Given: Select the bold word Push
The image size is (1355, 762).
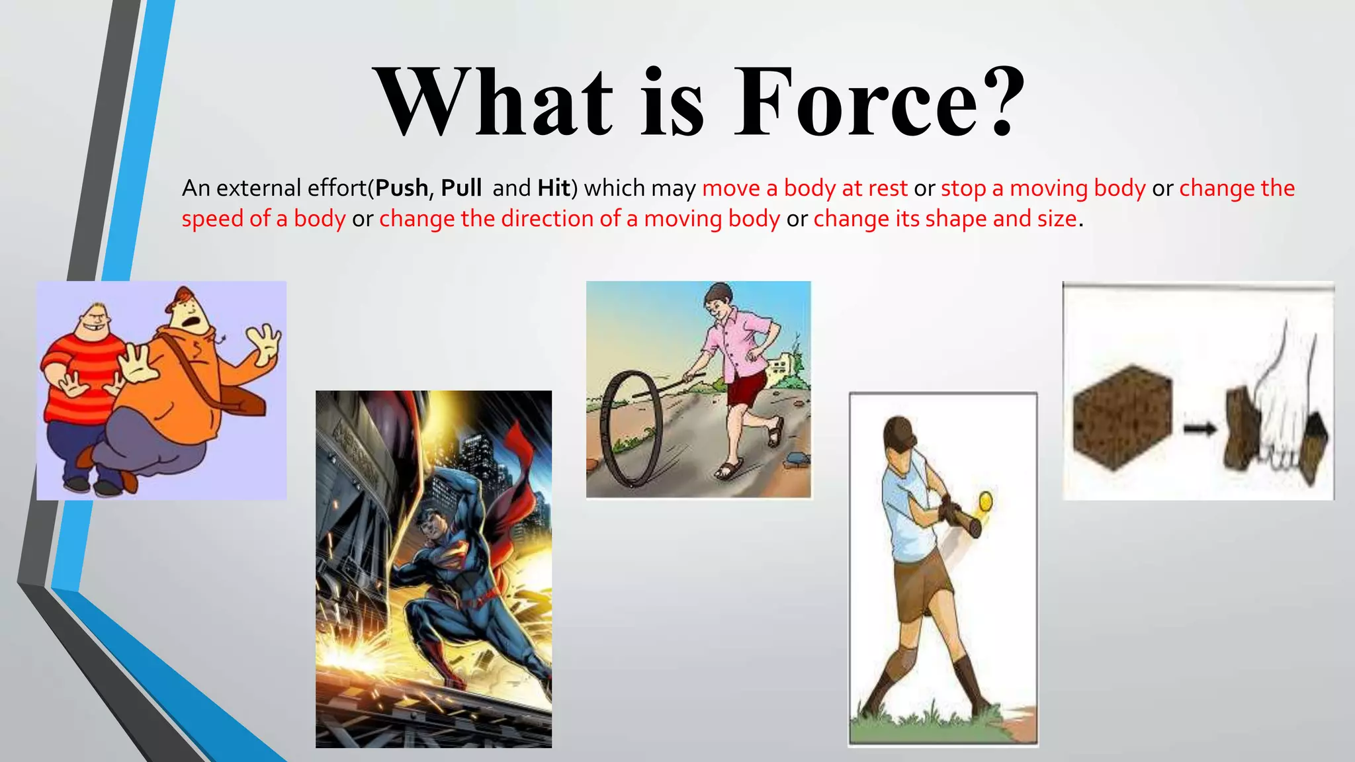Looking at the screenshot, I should pyautogui.click(x=402, y=189).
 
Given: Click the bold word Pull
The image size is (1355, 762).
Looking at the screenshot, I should pyautogui.click(x=460, y=189).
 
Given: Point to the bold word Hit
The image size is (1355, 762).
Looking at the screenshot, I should pyautogui.click(x=554, y=189).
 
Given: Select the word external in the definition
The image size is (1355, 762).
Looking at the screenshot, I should pyautogui.click(x=259, y=189).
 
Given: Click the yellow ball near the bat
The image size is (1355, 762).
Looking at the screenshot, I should pyautogui.click(x=986, y=501).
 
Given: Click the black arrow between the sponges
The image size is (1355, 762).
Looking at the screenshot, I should pyautogui.click(x=1200, y=430).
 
